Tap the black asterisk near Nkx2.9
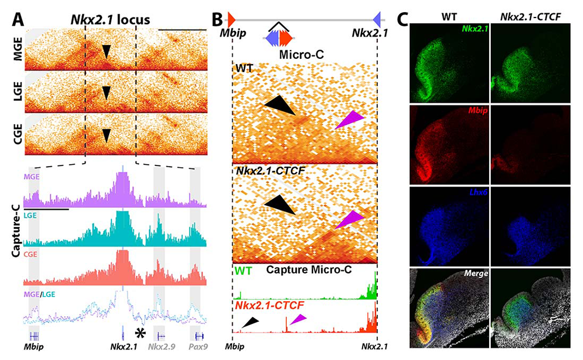(x=140, y=333)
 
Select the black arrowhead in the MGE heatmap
(x=106, y=53)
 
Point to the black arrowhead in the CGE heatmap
(x=106, y=136)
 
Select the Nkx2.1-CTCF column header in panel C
(x=529, y=18)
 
